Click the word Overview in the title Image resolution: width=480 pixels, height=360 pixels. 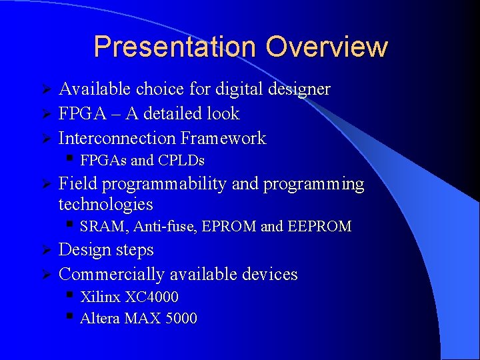click(326, 47)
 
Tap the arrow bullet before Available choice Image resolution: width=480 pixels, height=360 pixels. click(47, 89)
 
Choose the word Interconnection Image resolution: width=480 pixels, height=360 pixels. click(117, 139)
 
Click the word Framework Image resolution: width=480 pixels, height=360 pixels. click(223, 139)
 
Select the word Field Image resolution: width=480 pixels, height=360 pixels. click(78, 184)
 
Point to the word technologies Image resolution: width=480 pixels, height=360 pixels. click(105, 204)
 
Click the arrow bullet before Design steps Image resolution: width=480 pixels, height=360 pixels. click(47, 251)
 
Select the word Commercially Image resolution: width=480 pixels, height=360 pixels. click(111, 275)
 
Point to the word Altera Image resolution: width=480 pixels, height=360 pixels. click(99, 319)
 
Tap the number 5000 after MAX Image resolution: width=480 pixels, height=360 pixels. click(180, 319)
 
